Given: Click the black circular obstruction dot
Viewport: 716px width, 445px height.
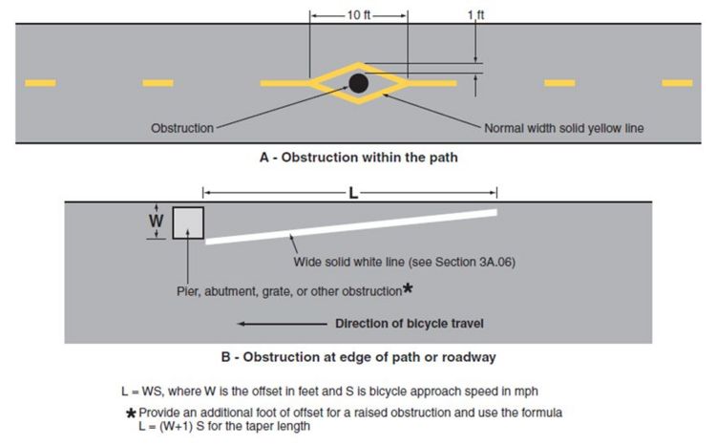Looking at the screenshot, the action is pos(358,83).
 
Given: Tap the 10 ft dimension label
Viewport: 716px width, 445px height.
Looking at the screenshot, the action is pos(358,15).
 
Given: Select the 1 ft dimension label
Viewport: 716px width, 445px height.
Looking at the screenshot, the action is pos(475,15).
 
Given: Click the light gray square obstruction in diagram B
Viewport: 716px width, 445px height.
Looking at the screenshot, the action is pos(188,222).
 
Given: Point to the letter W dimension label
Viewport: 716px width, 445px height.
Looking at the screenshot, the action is pos(157,222).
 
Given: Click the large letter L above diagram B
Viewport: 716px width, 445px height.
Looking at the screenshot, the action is pos(353,193).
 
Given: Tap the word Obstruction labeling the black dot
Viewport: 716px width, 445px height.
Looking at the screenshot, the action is pos(182,128).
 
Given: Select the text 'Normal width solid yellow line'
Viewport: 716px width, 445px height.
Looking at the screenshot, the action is pos(564,128).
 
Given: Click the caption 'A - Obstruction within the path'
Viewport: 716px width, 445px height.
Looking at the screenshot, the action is pos(358,158).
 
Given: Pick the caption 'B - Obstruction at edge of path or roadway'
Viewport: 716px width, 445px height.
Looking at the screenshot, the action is pos(358,357).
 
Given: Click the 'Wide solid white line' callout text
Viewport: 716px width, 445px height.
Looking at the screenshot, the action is pos(405,263).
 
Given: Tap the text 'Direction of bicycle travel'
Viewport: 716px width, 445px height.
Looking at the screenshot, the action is pos(410,324).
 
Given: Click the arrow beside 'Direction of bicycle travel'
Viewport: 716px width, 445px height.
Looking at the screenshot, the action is pos(283,324).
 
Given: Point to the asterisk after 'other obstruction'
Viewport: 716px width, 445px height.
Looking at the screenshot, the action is pos(408,288).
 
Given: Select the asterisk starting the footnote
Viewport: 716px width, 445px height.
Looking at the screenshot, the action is pos(131,413).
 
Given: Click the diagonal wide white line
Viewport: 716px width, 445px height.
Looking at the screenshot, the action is pos(351,226).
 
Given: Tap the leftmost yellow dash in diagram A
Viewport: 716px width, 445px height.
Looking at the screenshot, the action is pos(40,83).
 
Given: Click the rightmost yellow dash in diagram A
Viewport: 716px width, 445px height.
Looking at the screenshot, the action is pos(677,83).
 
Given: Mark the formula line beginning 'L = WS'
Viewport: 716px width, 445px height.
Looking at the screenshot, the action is pos(329,392).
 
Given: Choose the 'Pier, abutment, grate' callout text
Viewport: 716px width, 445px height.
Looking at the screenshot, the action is pos(289,291).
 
